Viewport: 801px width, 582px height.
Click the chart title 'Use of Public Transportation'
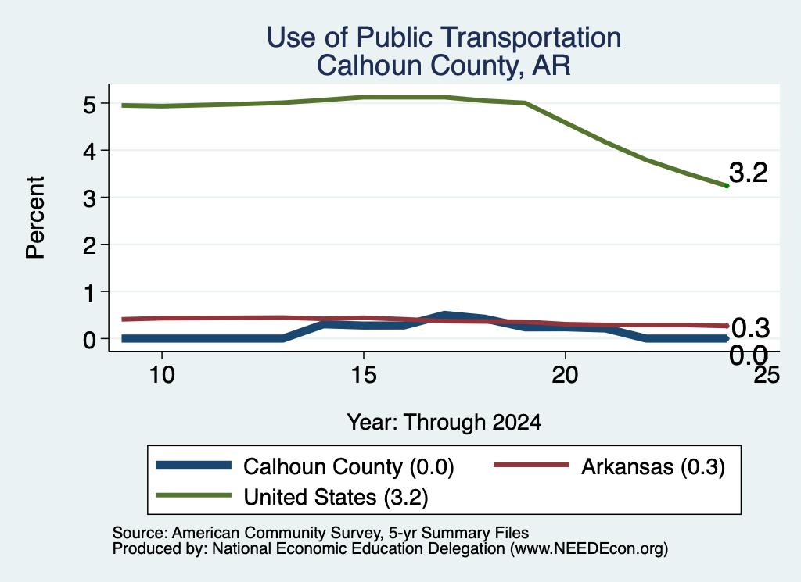tap(444, 37)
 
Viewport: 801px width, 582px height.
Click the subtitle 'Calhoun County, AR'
tap(444, 66)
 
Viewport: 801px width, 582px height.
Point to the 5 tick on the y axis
tap(89, 104)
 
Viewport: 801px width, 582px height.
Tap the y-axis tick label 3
tap(89, 198)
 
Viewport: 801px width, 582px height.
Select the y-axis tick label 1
tap(89, 292)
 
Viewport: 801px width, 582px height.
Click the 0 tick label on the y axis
tap(89, 339)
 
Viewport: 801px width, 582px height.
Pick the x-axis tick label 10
tap(162, 375)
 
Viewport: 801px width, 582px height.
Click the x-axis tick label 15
tap(364, 375)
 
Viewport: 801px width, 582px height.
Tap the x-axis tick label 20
tap(565, 375)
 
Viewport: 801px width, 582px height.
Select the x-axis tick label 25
tap(767, 375)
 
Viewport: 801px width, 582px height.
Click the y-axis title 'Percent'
tap(36, 218)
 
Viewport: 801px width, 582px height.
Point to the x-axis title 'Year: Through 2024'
tap(444, 423)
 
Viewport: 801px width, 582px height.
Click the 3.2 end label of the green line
tap(748, 173)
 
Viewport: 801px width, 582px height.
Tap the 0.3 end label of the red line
tap(750, 328)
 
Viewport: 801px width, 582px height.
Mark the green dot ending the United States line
tap(727, 186)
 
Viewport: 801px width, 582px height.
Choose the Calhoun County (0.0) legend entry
tap(305, 466)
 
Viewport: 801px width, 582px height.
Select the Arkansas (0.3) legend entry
tap(609, 466)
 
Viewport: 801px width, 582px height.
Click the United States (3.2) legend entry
tap(292, 497)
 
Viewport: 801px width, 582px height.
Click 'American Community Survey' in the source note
tap(276, 533)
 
